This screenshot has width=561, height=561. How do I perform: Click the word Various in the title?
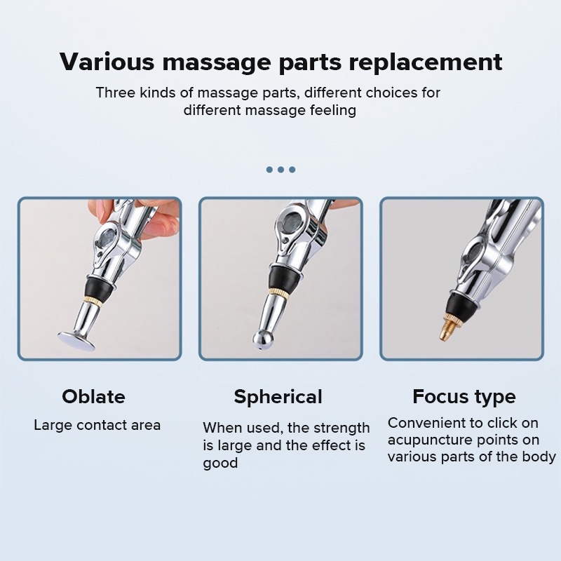[x=107, y=62]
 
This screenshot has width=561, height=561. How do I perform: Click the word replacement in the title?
[x=426, y=62]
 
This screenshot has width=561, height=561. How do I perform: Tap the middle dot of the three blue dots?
[x=281, y=169]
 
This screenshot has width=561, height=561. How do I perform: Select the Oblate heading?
[x=93, y=396]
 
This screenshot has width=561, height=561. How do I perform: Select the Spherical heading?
[x=278, y=397]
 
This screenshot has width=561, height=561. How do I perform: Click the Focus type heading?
[x=464, y=397]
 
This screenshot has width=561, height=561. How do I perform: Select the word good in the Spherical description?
[x=220, y=464]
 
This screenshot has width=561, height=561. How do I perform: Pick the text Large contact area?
[x=97, y=426]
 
